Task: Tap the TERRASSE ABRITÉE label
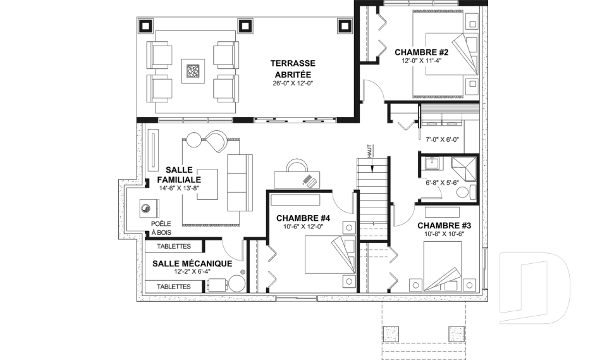(x=293, y=68)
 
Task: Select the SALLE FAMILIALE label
(x=179, y=175)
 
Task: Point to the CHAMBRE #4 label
(x=303, y=218)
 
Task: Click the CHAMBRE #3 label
(x=444, y=225)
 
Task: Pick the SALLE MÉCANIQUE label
(x=192, y=264)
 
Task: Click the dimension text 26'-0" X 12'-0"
(x=293, y=84)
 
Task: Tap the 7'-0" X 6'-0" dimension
(x=442, y=139)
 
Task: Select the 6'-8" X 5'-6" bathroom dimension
(x=442, y=182)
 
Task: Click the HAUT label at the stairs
(x=369, y=151)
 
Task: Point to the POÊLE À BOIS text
(x=161, y=228)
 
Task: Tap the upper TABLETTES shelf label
(x=174, y=247)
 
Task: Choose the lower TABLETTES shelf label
(x=174, y=287)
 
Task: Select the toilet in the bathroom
(x=466, y=192)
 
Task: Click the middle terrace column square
(x=245, y=26)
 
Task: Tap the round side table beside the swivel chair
(x=194, y=139)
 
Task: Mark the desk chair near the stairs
(x=297, y=166)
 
